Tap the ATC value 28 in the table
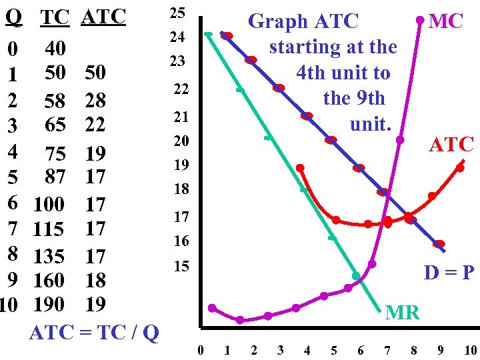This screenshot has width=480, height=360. (95, 101)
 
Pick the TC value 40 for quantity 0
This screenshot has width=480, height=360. (56, 49)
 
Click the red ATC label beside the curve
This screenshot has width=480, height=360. (451, 144)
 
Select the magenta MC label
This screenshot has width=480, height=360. (446, 21)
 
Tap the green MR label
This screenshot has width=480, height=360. (403, 311)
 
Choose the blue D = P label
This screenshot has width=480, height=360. (449, 273)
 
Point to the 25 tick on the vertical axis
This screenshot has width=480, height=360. (177, 13)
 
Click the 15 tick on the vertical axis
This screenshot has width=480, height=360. (181, 267)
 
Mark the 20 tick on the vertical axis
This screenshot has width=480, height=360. (181, 141)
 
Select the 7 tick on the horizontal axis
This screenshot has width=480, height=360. (387, 350)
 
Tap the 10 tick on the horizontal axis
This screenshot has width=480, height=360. (470, 350)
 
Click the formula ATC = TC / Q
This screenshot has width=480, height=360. (94, 331)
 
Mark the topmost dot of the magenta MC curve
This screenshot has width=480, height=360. (419, 20)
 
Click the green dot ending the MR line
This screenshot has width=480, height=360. (357, 275)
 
